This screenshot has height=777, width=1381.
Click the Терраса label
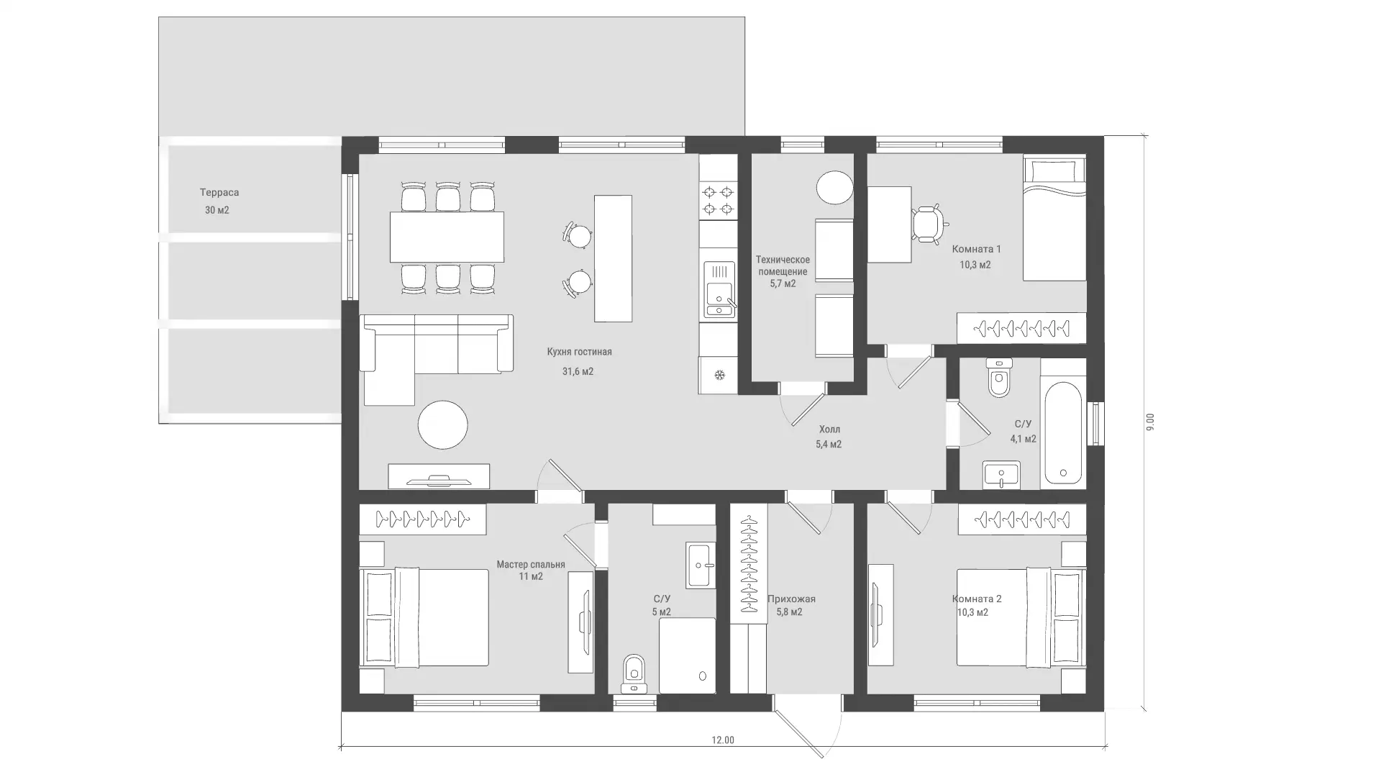[x=219, y=193]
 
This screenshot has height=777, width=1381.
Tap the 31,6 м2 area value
[x=578, y=372]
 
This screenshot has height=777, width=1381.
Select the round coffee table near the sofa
[x=443, y=424]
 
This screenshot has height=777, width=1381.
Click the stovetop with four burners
[x=718, y=200]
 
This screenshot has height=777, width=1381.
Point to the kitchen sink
[x=719, y=289]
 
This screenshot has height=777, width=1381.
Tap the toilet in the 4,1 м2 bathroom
[x=999, y=378]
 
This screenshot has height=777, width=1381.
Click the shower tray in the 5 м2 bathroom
[x=687, y=655]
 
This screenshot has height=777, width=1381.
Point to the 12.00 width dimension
[x=723, y=740]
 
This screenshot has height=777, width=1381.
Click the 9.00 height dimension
[x=1150, y=422]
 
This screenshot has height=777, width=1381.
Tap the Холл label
[x=829, y=430]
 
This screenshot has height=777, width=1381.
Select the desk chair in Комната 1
[x=927, y=224]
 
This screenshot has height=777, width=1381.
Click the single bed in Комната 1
[x=1054, y=219]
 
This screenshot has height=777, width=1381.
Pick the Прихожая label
[x=791, y=599]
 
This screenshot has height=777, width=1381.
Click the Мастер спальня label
[x=531, y=565]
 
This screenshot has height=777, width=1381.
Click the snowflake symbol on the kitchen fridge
[x=719, y=374]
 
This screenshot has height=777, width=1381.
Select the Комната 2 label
[x=977, y=599]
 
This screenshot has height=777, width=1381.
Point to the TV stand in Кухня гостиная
[x=439, y=476]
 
